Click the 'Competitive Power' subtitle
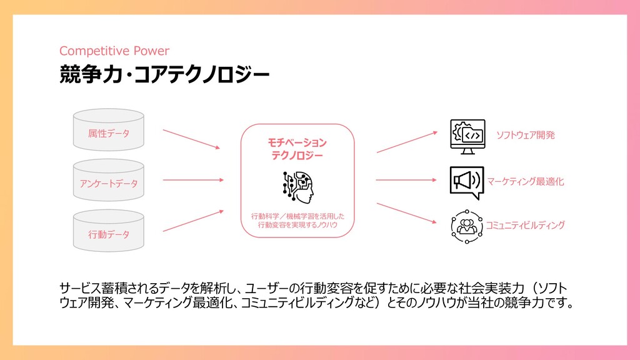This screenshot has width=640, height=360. (x=114, y=51)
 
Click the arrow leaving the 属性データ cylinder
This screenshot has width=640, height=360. (x=191, y=139)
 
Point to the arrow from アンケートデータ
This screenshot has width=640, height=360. (x=192, y=180)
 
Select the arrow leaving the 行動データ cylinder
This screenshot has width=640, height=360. (x=192, y=220)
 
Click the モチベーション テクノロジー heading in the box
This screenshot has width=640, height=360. (x=297, y=149)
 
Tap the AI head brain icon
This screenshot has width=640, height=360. (x=297, y=186)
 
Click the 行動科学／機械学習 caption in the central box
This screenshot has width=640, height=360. (x=297, y=221)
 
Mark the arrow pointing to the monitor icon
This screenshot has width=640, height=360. (x=407, y=142)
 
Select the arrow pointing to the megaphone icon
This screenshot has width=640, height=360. (x=407, y=180)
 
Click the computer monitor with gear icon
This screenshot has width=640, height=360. (x=467, y=137)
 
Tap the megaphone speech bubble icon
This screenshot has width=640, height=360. (x=467, y=182)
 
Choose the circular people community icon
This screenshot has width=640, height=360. (x=467, y=226)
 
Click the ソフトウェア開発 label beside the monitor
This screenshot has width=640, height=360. (x=526, y=135)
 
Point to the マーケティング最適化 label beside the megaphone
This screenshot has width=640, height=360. (x=526, y=182)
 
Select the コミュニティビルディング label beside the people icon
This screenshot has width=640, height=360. (x=526, y=225)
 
